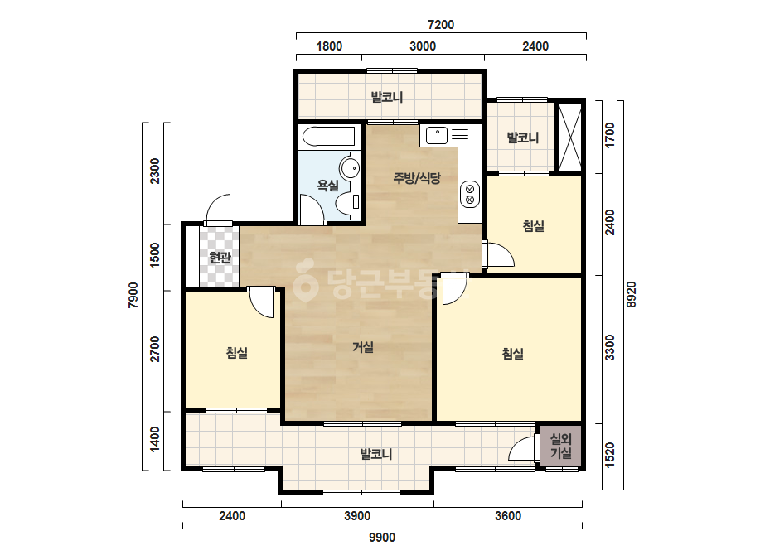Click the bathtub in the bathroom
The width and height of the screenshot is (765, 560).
(x=328, y=137)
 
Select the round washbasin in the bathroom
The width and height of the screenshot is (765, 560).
(x=350, y=168)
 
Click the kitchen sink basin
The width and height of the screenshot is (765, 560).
(x=437, y=136)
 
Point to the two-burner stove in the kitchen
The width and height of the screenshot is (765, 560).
(x=470, y=194)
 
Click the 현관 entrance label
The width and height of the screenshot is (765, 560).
(x=220, y=257)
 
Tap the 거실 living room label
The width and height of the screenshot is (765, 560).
(x=363, y=347)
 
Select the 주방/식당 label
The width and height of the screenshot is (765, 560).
(x=417, y=178)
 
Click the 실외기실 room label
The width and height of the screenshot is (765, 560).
(x=561, y=446)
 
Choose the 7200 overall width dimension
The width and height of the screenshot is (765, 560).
(x=441, y=24)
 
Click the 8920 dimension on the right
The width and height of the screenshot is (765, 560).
(x=632, y=295)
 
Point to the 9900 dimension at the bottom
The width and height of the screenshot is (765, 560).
(x=381, y=538)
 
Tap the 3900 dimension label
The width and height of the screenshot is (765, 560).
(x=357, y=516)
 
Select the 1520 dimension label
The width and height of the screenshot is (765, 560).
(x=610, y=455)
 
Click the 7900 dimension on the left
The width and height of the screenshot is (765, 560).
(x=133, y=296)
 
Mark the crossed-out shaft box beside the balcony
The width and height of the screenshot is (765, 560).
(x=570, y=136)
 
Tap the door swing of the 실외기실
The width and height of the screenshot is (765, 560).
(x=522, y=449)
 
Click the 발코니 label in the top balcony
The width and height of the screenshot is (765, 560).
(x=387, y=97)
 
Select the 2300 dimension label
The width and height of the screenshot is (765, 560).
(x=154, y=171)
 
